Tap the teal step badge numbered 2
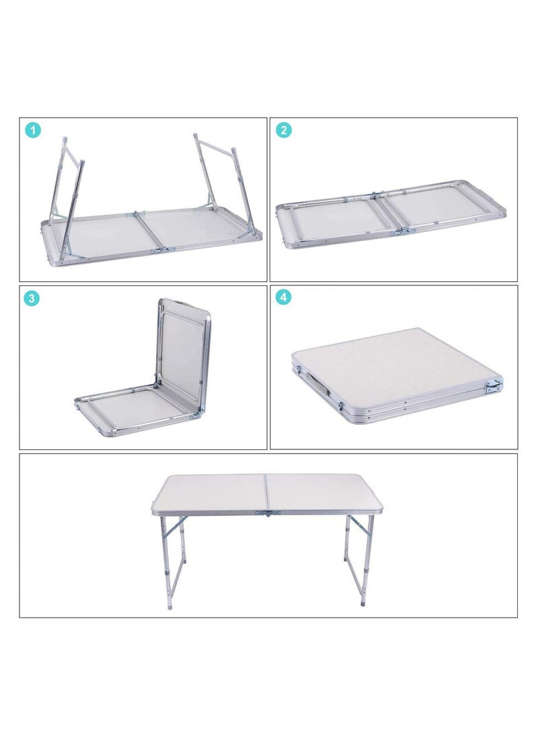pyautogui.click(x=284, y=131)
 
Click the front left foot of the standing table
pyautogui.click(x=169, y=605)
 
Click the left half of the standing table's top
pyautogui.click(x=212, y=492)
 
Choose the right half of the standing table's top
pyautogui.click(x=319, y=492)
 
